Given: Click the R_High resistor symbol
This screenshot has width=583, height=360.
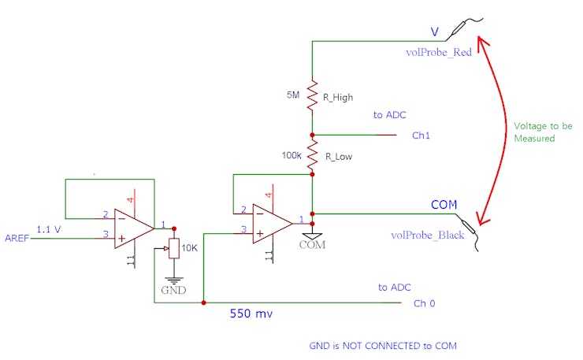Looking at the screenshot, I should (313, 94).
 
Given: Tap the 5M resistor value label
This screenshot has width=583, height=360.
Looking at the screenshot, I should (293, 95).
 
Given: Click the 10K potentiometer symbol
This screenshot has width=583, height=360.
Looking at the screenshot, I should (175, 250).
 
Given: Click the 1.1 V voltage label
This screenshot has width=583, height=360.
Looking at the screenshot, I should (49, 228).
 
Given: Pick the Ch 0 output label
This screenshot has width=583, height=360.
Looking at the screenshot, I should (425, 303).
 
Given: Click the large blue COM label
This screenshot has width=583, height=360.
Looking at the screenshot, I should (444, 205).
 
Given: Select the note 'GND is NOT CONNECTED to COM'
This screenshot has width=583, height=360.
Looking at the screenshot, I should (383, 345).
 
